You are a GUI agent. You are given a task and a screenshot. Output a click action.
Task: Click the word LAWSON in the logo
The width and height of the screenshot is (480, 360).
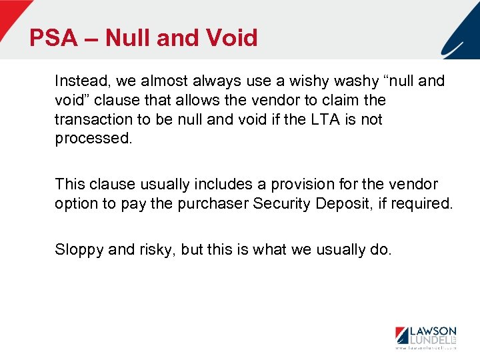(x=433, y=331)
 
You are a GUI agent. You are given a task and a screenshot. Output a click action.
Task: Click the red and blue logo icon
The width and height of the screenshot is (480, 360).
(x=402, y=335)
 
